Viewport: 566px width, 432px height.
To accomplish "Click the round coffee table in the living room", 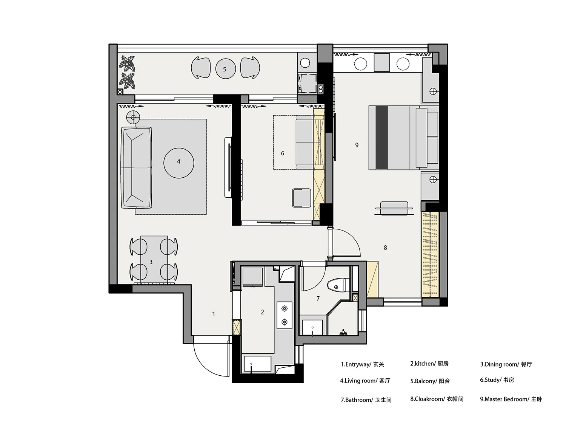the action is (x=179, y=163).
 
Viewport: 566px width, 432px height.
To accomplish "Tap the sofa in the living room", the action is (x=136, y=167).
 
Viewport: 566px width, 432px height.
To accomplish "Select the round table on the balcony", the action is (x=225, y=69).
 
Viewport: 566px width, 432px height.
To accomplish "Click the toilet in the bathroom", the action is (x=338, y=285).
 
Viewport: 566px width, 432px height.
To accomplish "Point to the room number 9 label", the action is (x=357, y=145).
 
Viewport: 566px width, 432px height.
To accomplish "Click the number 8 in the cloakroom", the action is (x=385, y=248).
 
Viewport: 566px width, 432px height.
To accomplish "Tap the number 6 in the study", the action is (x=283, y=153).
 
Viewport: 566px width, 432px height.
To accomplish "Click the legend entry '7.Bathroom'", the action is (x=357, y=400).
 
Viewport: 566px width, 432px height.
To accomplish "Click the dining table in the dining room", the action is (x=154, y=259).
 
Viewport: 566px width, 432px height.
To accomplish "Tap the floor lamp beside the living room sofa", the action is (x=133, y=118).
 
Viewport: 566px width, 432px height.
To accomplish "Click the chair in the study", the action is (x=301, y=198).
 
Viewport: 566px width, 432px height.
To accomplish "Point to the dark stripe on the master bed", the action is (x=381, y=138).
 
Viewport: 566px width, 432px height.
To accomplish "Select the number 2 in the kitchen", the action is (x=263, y=312).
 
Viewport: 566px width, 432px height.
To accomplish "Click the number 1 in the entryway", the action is (x=214, y=314).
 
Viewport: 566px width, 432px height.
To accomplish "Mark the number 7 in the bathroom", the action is (x=318, y=299).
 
